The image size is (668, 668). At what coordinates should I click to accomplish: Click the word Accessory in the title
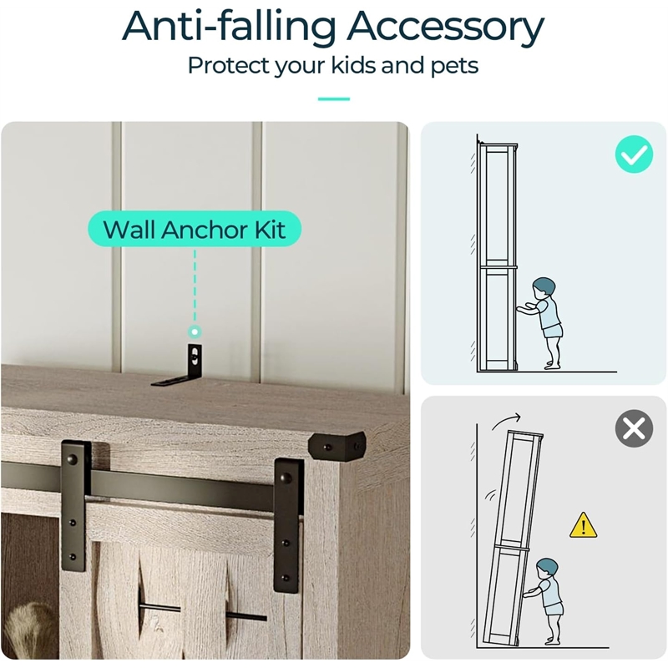pyautogui.click(x=445, y=28)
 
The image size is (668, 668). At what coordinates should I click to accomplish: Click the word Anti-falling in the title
pyautogui.click(x=229, y=27)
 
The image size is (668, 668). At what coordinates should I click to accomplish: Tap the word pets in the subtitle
pyautogui.click(x=454, y=67)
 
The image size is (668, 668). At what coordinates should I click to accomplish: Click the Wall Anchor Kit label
pyautogui.click(x=195, y=229)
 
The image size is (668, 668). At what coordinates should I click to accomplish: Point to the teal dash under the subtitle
pyautogui.click(x=333, y=99)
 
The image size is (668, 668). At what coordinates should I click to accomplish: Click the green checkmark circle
pyautogui.click(x=634, y=154)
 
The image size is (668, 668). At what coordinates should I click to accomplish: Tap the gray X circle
pyautogui.click(x=634, y=428)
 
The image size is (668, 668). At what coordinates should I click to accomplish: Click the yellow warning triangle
pyautogui.click(x=583, y=525)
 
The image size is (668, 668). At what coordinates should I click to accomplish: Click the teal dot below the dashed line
pyautogui.click(x=195, y=331)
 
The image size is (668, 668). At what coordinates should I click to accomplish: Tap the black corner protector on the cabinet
pyautogui.click(x=337, y=446)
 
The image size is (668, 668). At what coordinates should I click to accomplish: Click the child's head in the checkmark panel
pyautogui.click(x=544, y=289)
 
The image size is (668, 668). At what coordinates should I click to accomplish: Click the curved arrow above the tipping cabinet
pyautogui.click(x=506, y=421)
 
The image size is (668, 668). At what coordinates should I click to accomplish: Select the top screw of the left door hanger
pyautogui.click(x=73, y=459)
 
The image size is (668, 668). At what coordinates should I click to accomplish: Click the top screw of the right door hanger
pyautogui.click(x=286, y=478)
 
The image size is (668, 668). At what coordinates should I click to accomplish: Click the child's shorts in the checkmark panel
pyautogui.click(x=553, y=330)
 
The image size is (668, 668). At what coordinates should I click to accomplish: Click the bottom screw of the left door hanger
pyautogui.click(x=73, y=556)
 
